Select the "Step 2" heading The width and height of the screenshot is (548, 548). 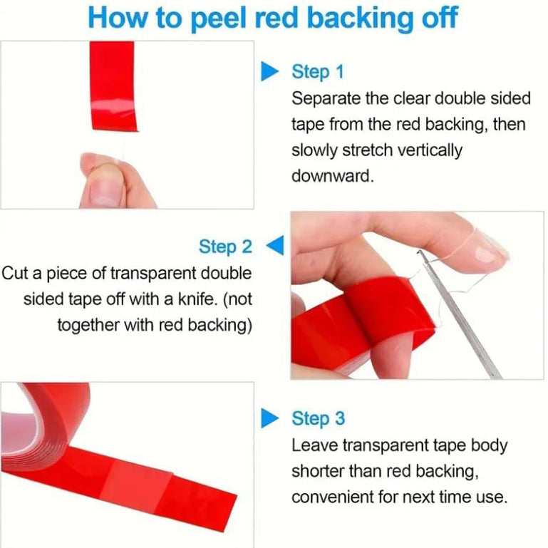point(225,247)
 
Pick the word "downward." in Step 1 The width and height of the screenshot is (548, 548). point(332,176)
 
